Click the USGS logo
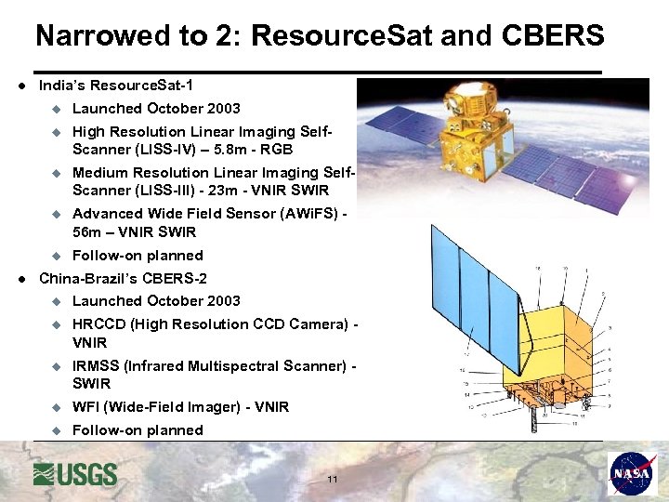tap(75, 474)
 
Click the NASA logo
tap(632, 474)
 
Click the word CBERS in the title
tap(553, 36)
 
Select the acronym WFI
tap(86, 407)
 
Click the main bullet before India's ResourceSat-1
tap(20, 86)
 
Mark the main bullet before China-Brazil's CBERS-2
tap(20, 279)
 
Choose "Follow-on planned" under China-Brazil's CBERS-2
tap(138, 430)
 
